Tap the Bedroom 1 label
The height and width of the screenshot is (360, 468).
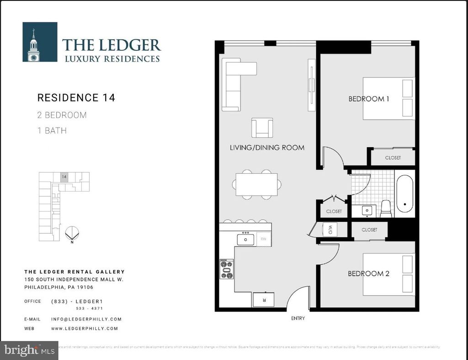(x=368, y=98)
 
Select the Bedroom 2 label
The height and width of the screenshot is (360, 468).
(x=368, y=274)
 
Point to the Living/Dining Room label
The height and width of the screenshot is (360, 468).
(x=267, y=148)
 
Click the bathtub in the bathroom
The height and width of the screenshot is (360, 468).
(x=404, y=194)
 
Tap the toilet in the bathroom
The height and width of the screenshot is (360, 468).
(x=386, y=209)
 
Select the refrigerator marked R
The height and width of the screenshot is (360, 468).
(x=264, y=300)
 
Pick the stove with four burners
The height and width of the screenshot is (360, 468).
(x=227, y=269)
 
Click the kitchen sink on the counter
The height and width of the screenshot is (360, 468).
(x=246, y=239)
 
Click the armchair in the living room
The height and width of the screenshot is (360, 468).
(x=262, y=128)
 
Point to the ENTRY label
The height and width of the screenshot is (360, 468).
(x=298, y=318)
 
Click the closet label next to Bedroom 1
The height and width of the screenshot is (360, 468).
(x=393, y=157)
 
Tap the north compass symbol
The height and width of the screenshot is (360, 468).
(x=72, y=234)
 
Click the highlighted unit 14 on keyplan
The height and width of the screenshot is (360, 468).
(x=64, y=177)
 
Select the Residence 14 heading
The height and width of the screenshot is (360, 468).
(x=76, y=97)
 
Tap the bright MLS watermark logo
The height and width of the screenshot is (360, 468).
(x=29, y=350)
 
